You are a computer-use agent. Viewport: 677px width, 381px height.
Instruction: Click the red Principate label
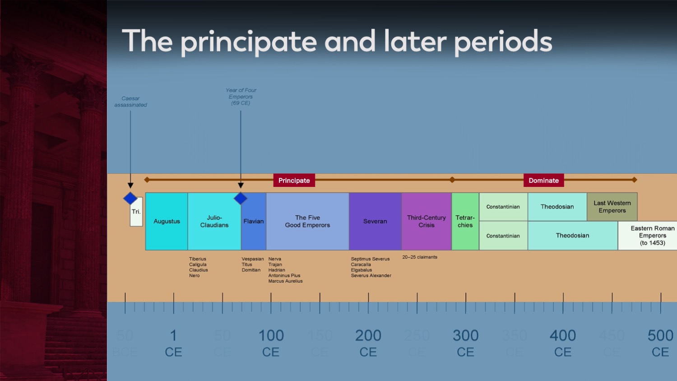point(294,181)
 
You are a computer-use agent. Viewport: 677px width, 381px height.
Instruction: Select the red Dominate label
point(543,181)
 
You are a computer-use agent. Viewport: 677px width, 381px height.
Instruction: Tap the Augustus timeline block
point(167,221)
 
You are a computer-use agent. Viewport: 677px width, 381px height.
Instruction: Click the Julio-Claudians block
point(214,221)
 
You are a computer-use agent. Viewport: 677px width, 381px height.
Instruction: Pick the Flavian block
point(254,221)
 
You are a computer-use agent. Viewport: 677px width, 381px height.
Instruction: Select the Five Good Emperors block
point(307,221)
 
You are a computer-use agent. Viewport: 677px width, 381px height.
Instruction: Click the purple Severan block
point(375,221)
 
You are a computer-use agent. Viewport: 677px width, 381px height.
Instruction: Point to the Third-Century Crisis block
point(426,221)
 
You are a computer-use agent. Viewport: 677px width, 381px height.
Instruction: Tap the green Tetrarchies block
point(465,221)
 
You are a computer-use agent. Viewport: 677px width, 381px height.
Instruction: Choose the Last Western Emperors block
point(612,207)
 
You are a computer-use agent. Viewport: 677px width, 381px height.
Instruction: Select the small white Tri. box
point(136,212)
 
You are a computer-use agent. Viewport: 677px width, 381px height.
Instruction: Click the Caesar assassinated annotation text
point(130,102)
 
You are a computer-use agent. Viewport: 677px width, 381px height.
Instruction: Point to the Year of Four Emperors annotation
point(241,97)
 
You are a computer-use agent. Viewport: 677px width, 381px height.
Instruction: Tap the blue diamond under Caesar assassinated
point(130,198)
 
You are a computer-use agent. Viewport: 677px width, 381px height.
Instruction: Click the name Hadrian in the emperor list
point(277,270)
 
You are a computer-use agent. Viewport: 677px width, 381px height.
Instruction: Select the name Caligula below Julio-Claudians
point(198,265)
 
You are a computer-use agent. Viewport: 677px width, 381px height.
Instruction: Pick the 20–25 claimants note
point(420,257)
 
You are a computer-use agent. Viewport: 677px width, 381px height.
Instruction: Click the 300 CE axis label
point(465,343)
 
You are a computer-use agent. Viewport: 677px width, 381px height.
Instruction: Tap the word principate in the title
point(249,42)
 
